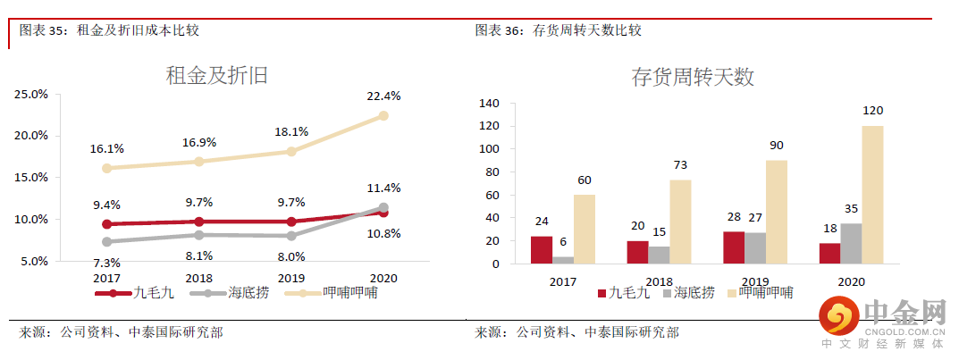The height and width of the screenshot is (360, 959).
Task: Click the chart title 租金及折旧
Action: click(x=217, y=76)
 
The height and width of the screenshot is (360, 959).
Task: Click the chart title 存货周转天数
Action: click(x=693, y=77)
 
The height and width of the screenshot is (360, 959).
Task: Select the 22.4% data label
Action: click(x=383, y=96)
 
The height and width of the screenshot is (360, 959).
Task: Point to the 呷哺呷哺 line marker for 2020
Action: click(x=383, y=116)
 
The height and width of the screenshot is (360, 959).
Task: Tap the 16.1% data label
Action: click(x=107, y=148)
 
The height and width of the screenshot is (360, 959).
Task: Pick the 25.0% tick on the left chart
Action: click(x=32, y=94)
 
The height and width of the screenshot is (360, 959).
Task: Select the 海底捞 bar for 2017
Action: click(x=563, y=260)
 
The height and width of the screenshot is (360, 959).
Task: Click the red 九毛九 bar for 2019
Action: click(x=734, y=247)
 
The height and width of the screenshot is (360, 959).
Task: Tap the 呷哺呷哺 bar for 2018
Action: click(x=680, y=222)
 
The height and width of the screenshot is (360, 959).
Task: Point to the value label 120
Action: click(x=872, y=111)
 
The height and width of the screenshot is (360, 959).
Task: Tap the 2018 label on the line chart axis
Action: click(x=199, y=278)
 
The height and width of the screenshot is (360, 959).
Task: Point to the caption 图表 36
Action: click(x=500, y=30)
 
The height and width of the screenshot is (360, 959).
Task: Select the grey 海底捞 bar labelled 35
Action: click(x=852, y=243)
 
